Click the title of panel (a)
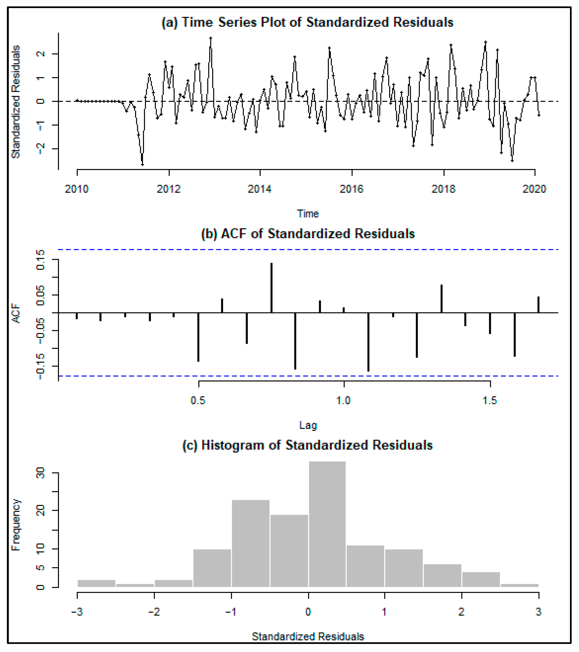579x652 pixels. tap(307, 22)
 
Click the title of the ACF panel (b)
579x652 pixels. tap(308, 234)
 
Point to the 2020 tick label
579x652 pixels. tap(534, 189)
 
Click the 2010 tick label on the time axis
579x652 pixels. tap(77, 189)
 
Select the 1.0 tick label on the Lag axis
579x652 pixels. tap(344, 400)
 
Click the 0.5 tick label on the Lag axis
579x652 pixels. tap(198, 400)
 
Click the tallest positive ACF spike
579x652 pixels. tap(271, 287)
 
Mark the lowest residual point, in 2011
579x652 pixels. tap(142, 165)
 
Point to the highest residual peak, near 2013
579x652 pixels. tap(211, 38)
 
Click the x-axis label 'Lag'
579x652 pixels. tap(308, 425)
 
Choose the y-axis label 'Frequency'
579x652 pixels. tap(16, 525)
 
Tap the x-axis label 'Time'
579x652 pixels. tap(308, 214)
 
